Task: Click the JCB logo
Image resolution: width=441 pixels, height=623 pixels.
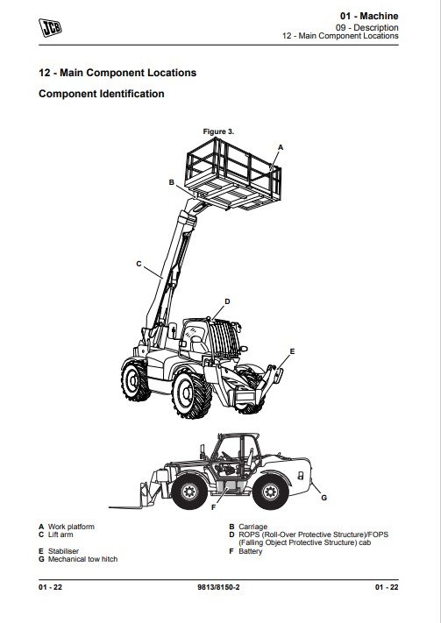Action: pos(50,28)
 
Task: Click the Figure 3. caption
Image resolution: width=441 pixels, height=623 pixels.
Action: pos(218,131)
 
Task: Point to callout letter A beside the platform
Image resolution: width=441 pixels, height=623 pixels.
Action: pos(281,147)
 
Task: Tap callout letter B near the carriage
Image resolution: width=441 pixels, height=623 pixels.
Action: pos(171,182)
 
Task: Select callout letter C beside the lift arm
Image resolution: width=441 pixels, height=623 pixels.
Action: pos(139,264)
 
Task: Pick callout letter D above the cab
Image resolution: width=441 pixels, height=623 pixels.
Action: pos(227,301)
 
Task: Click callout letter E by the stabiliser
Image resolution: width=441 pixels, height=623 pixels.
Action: pos(292,351)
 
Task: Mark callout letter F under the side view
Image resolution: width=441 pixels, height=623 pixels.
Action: pos(214,507)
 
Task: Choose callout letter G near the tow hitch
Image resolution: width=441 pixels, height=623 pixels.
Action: pos(324,498)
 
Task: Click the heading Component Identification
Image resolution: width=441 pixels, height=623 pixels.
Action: pos(102,94)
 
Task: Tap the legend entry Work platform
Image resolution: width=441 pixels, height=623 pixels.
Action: pos(71,527)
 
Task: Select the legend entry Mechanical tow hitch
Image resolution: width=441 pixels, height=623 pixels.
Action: pos(82,559)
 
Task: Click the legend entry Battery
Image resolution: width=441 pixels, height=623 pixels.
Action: pos(250,551)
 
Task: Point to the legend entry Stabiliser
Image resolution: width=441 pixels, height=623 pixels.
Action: pos(63,551)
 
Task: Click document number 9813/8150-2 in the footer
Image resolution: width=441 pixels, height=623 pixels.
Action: pos(218,587)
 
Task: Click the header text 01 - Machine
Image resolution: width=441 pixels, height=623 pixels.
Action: pos(369,16)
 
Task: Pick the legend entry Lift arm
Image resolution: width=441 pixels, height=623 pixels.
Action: pos(60,535)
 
